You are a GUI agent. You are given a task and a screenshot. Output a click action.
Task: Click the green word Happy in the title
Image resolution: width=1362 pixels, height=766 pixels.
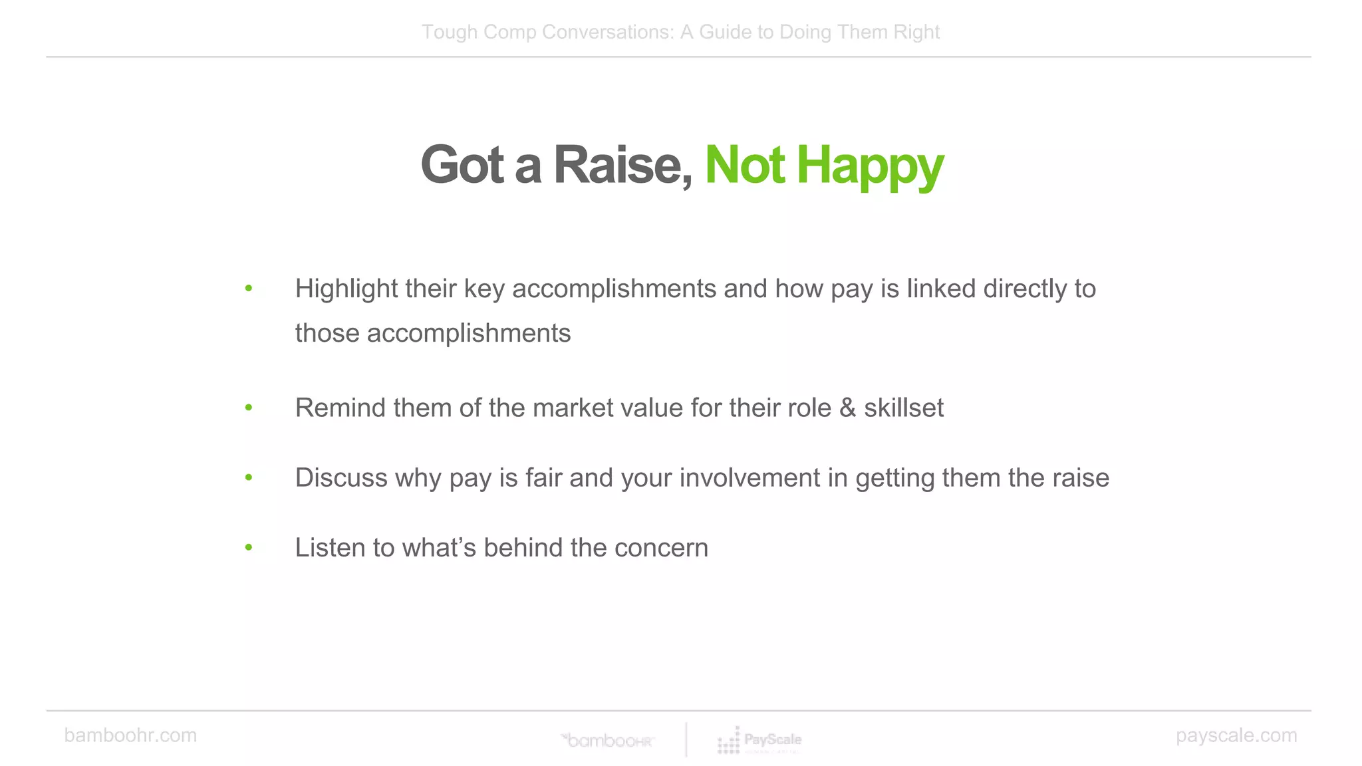pos(870,166)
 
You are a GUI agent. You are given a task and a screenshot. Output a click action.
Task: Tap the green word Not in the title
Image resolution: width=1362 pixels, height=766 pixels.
pos(745,165)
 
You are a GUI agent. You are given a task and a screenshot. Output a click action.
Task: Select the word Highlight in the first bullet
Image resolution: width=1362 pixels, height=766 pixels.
pos(346,289)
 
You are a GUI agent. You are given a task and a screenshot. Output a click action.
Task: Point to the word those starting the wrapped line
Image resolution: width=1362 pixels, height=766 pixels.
pos(327,333)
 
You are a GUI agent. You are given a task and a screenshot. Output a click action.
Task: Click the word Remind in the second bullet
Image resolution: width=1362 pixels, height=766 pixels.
pos(340,408)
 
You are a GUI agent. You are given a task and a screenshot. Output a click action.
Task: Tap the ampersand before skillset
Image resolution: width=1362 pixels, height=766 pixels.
pos(847,408)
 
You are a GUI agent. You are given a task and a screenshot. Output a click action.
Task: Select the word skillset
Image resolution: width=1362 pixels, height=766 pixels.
pos(904,408)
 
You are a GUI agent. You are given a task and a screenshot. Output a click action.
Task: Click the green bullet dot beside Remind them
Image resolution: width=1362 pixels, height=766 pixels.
pos(249,408)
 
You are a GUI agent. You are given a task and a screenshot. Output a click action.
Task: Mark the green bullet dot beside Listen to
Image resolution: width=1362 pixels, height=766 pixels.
pos(249,548)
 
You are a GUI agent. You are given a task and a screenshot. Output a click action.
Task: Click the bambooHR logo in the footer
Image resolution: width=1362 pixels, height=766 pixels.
pos(609,740)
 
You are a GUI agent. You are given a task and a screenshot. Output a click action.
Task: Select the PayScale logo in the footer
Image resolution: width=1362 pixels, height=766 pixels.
pos(759,740)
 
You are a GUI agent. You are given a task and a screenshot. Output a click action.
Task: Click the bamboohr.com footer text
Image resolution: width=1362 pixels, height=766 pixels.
pos(130,735)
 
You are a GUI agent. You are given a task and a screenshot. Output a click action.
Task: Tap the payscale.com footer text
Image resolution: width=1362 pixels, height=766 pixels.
pos(1236,735)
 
